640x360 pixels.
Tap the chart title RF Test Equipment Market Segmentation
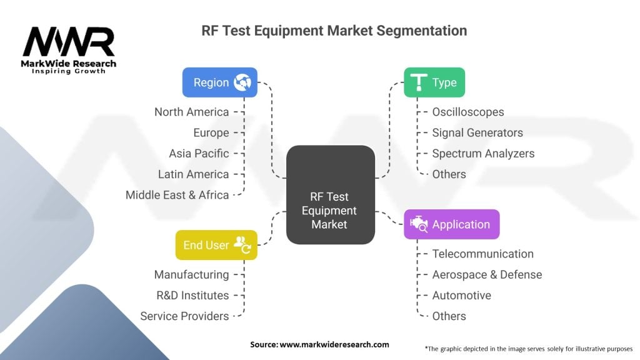point(334,30)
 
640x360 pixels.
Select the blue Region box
point(219,82)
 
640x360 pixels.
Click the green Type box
point(434,82)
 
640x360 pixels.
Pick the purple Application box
point(451,224)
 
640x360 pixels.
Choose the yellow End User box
point(216,245)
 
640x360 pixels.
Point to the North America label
point(191,112)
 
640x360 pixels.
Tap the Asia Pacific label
point(199,153)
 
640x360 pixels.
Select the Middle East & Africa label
point(177,195)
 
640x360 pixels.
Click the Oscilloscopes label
point(467,112)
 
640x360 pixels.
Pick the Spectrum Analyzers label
point(483,153)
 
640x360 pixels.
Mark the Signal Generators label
point(477,132)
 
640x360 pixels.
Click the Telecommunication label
point(482,254)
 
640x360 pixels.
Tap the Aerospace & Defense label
point(487,274)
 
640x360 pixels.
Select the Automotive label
point(461,295)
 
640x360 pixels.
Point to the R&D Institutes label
point(192,295)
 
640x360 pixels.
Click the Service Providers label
point(184,316)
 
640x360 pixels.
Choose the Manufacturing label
point(191,274)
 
